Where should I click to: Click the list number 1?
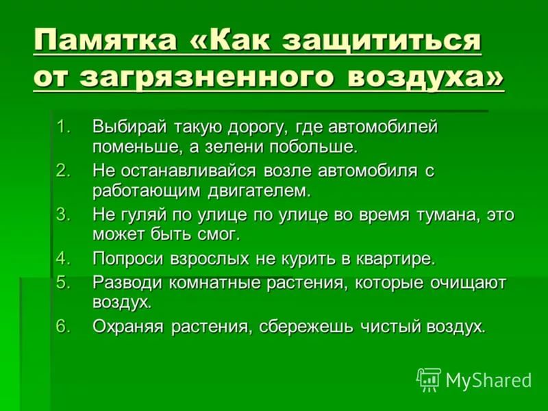pos(63,127)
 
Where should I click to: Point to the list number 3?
pos(63,214)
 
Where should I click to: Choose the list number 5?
pos(63,282)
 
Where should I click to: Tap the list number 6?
pos(63,326)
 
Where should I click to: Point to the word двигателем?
pos(260,192)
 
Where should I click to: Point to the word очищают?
pos(468,284)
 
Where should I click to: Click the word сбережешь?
pos(306,327)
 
